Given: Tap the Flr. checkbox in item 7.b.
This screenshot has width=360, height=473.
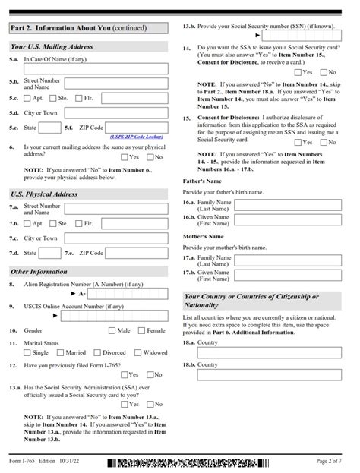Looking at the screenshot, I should click(x=79, y=224).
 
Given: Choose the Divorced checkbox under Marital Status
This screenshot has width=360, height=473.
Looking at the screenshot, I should click(x=97, y=352).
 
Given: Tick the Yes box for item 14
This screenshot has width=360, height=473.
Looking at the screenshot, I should click(x=298, y=72).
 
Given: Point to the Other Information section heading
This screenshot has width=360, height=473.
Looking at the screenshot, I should click(x=39, y=271).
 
